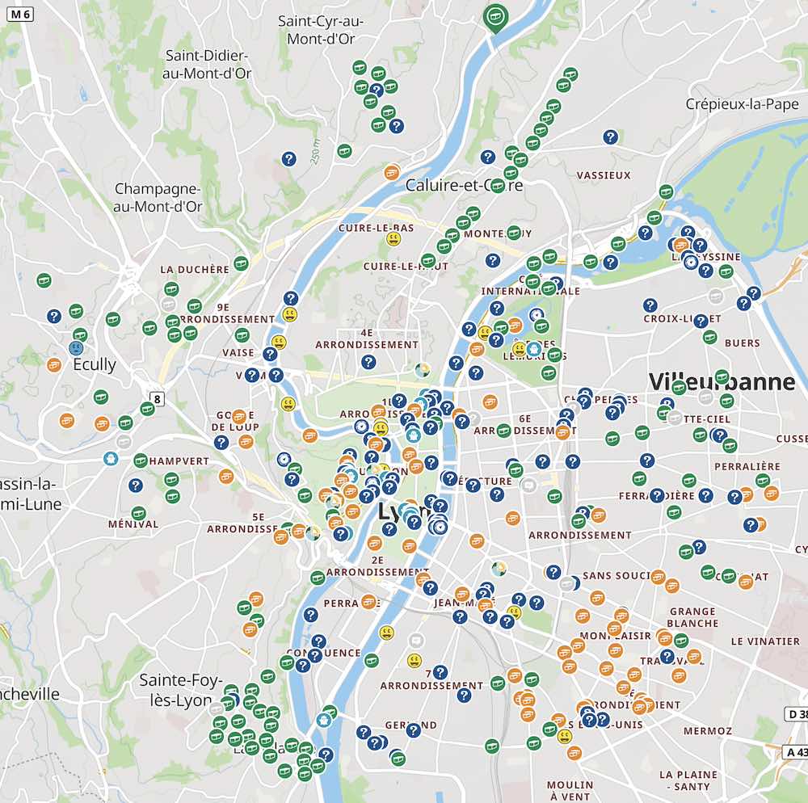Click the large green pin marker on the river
pyautogui.click(x=494, y=16)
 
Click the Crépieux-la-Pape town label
pyautogui.click(x=742, y=103)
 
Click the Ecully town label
pyautogui.click(x=95, y=364)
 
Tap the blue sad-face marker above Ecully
pyautogui.click(x=76, y=348)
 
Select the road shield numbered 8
pyautogui.click(x=157, y=397)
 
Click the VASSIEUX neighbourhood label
pyautogui.click(x=604, y=174)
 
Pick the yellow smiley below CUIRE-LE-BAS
pyautogui.click(x=393, y=239)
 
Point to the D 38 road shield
pyautogui.click(x=796, y=713)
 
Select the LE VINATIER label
pyautogui.click(x=764, y=641)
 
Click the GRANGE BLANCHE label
pyautogui.click(x=692, y=617)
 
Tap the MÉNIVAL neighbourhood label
pyautogui.click(x=133, y=523)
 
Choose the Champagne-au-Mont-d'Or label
pyautogui.click(x=158, y=198)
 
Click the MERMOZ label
pyautogui.click(x=707, y=730)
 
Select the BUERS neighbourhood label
pyautogui.click(x=742, y=343)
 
